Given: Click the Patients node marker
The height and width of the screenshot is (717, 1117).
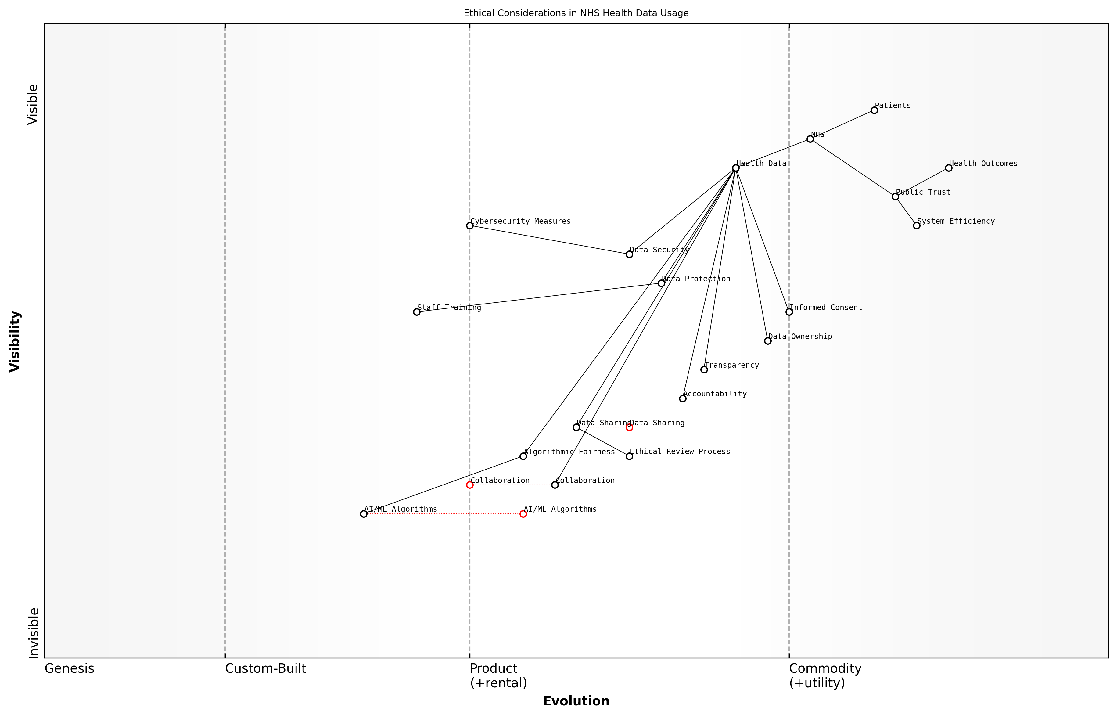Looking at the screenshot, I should (x=874, y=110).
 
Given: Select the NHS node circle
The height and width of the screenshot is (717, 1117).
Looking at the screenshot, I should (x=810, y=139).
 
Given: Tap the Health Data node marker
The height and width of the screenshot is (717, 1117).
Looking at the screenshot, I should (x=735, y=168).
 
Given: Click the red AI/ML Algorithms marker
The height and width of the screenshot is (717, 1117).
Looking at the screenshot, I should (x=523, y=514).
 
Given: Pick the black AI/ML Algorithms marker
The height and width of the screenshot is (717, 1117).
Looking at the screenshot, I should (x=364, y=514).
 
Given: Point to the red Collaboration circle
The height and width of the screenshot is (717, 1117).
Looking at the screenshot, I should (x=470, y=485).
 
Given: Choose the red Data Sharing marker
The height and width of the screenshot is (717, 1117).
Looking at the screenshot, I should (x=629, y=427).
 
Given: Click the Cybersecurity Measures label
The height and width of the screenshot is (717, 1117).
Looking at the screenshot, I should (x=520, y=221).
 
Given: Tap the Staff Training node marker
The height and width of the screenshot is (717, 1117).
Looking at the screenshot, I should (x=417, y=312).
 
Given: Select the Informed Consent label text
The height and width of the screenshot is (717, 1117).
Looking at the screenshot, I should (x=826, y=308).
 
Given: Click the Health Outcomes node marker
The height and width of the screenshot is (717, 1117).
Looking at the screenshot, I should (x=949, y=168).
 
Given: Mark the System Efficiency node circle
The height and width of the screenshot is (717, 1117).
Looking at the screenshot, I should (x=916, y=226).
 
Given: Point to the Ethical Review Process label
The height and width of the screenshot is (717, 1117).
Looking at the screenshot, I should (x=680, y=452).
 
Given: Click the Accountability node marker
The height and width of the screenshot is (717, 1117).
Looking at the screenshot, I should (x=683, y=398).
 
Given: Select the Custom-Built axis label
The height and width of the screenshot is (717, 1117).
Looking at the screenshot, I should (x=265, y=668).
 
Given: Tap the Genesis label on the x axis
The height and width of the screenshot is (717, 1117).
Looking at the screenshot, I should (x=69, y=668).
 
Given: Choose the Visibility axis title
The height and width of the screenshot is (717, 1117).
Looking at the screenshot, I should (x=15, y=341).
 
